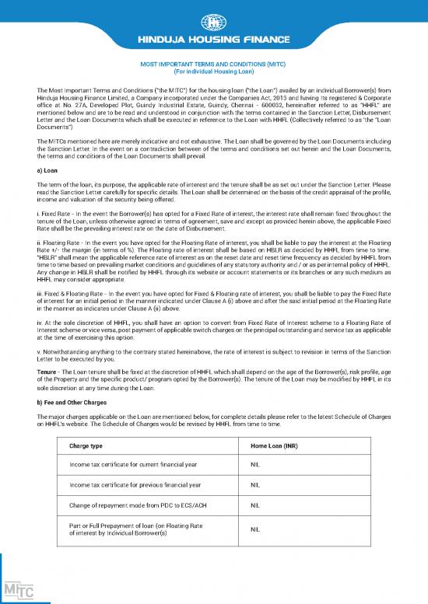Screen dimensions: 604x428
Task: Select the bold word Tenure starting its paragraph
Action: point(48,372)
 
